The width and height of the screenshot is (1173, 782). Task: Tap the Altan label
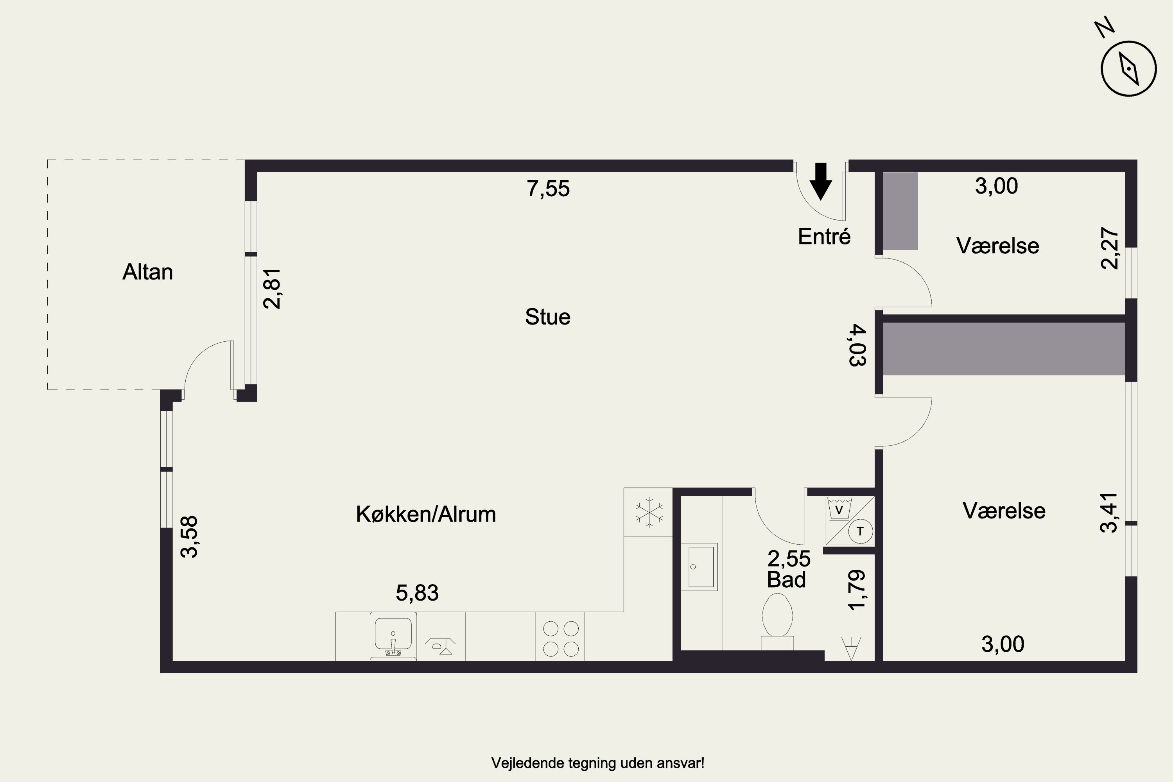coord(148,272)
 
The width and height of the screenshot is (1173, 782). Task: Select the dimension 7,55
coord(548,189)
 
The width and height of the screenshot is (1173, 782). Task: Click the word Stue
coord(548,317)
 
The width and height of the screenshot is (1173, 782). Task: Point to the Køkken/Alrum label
coord(426,514)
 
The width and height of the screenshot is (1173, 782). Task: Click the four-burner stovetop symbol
coord(561,639)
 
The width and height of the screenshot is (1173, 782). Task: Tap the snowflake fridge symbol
coord(649,512)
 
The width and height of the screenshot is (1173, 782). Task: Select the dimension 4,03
coord(858,345)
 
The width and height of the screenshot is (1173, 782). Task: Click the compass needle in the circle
coord(1128,69)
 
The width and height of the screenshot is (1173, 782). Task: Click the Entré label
coord(824,237)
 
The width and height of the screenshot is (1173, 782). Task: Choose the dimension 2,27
coord(1110,248)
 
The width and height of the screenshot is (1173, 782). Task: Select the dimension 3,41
coord(1109,513)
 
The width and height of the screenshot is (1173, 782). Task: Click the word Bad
coord(786,580)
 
